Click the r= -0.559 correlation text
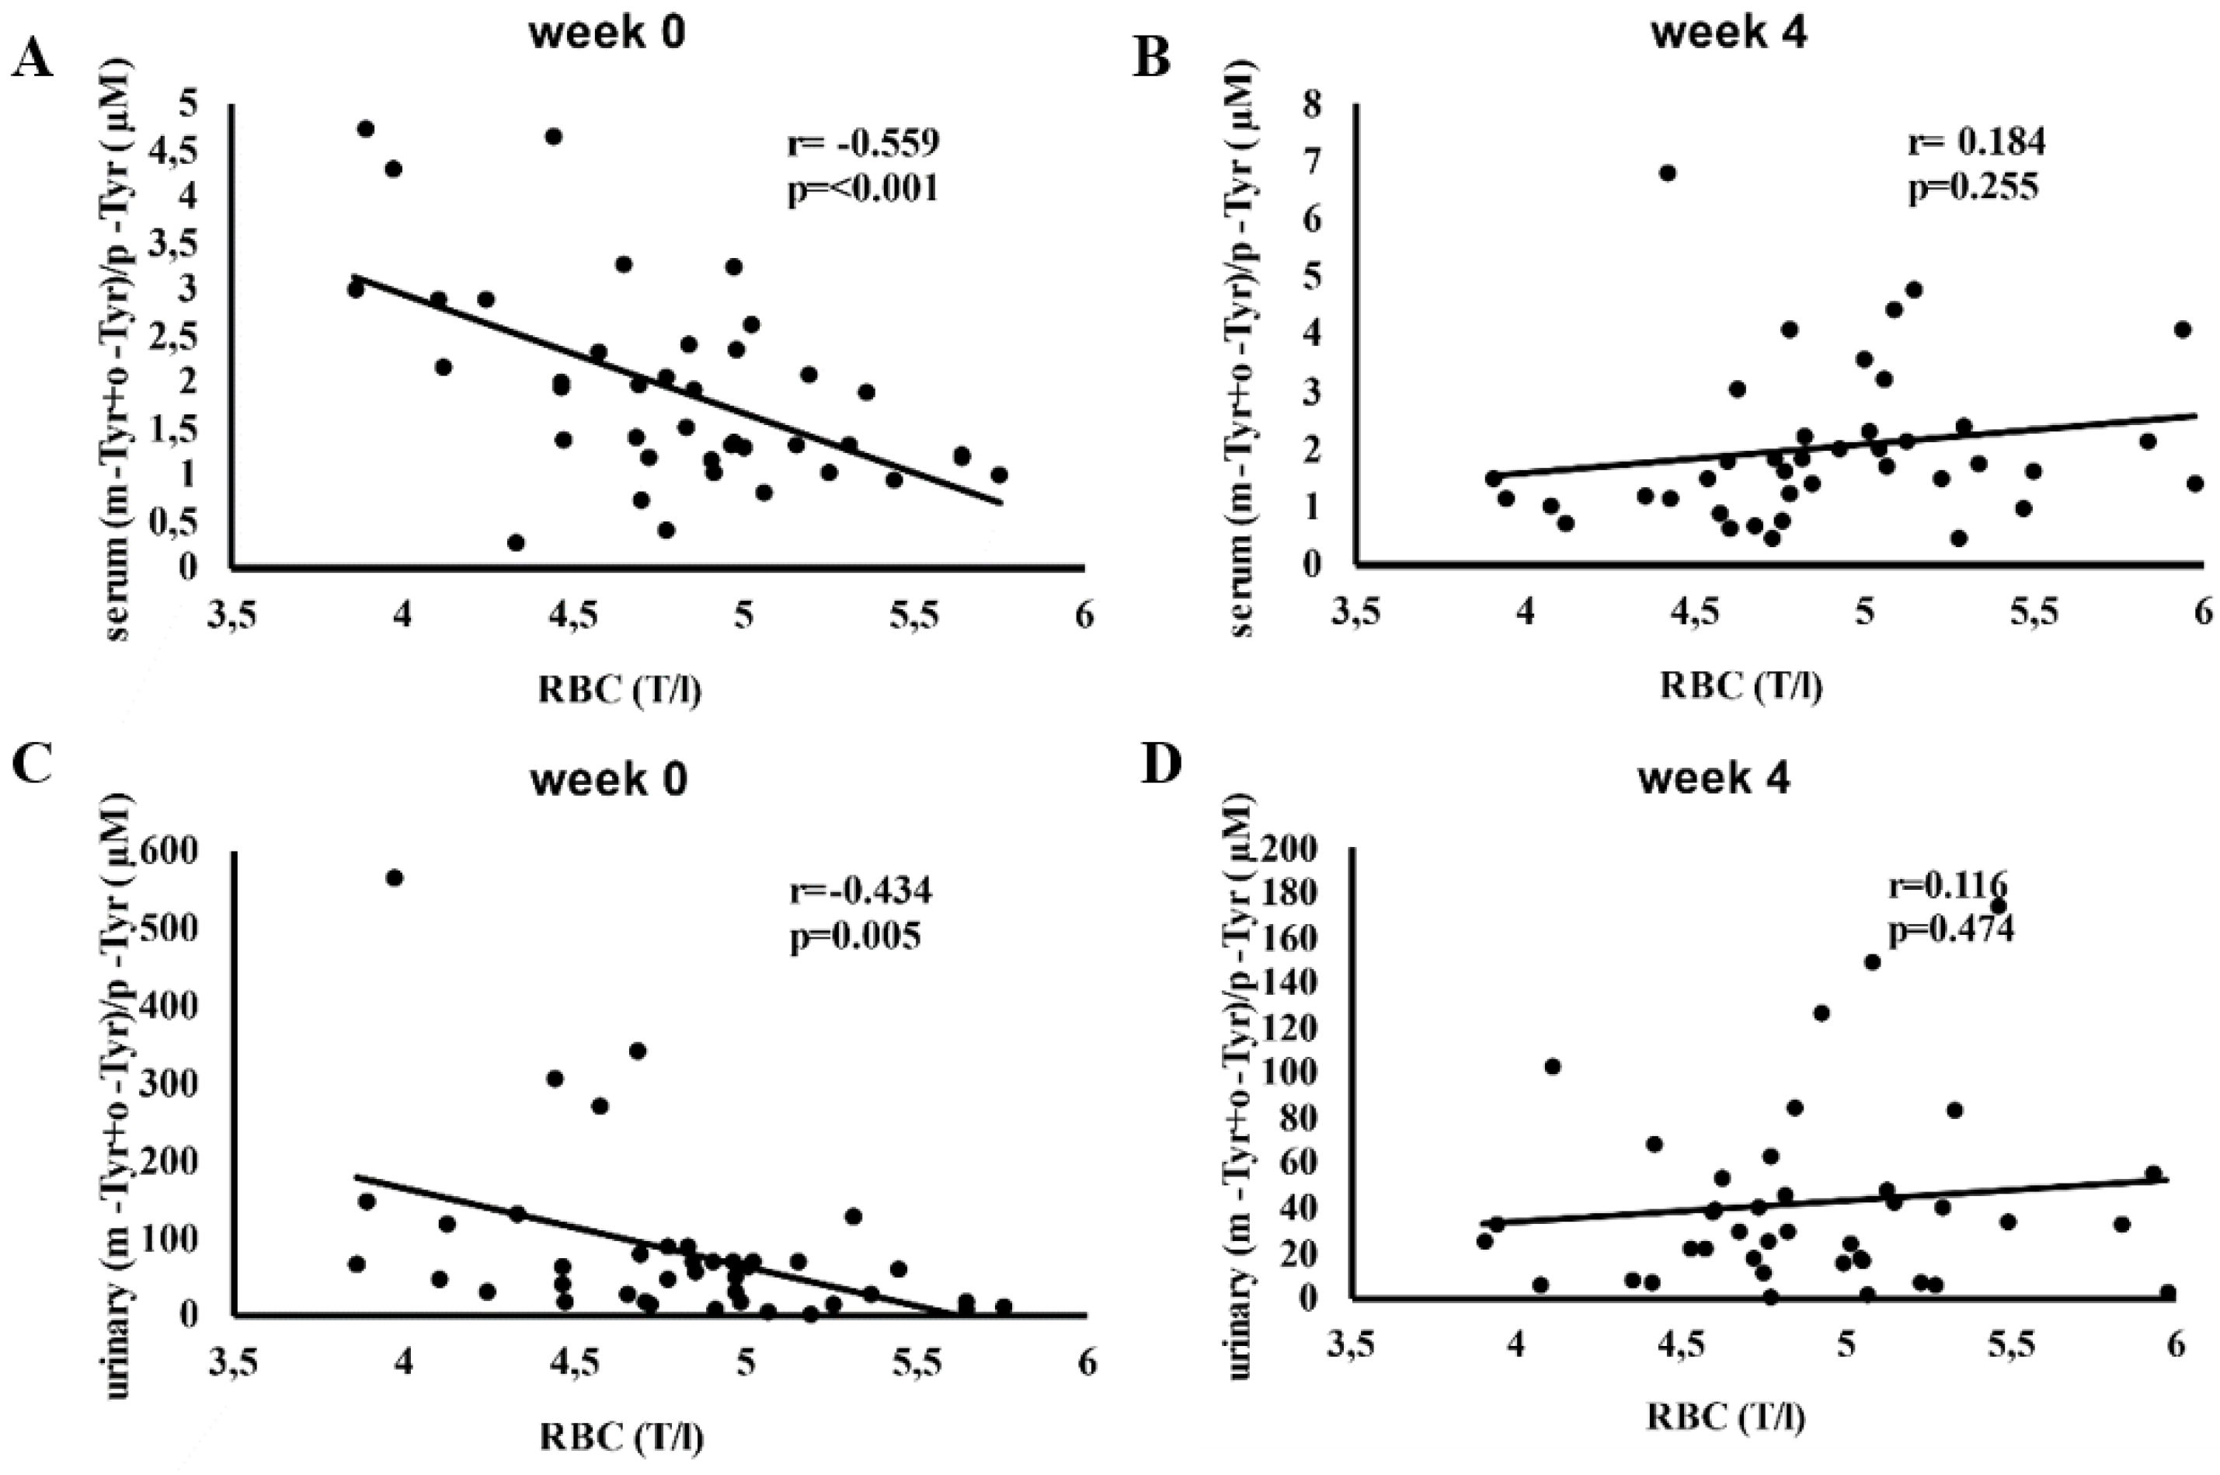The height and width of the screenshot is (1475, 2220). click(863, 143)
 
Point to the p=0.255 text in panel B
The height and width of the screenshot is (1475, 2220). click(1973, 188)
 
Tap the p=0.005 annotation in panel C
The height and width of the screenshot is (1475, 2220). click(854, 938)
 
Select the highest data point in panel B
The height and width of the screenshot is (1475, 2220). click(1667, 173)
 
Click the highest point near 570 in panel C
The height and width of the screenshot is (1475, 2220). click(395, 877)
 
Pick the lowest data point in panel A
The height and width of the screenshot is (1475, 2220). click(515, 542)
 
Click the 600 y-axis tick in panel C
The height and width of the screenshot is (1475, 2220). click(192, 853)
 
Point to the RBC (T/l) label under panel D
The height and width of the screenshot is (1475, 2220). click(1724, 1417)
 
